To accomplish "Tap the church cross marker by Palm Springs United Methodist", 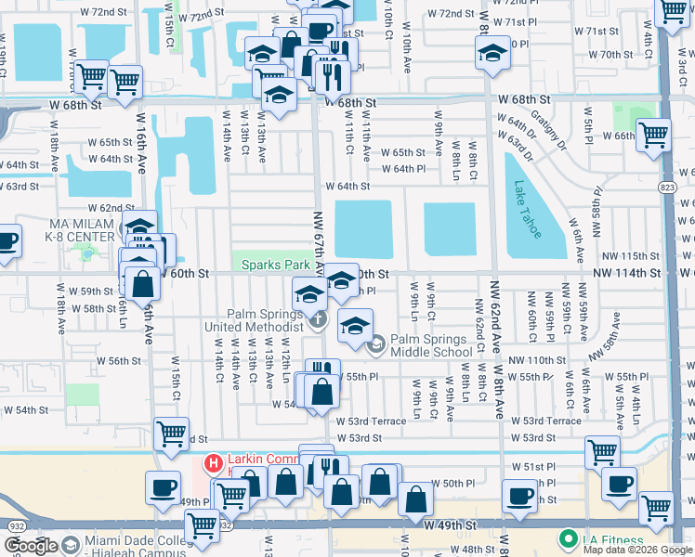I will coord(319,320).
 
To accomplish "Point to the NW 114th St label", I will coord(631,274).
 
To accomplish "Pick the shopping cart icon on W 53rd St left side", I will coord(172,434).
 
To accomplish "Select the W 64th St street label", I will coord(347,186).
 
